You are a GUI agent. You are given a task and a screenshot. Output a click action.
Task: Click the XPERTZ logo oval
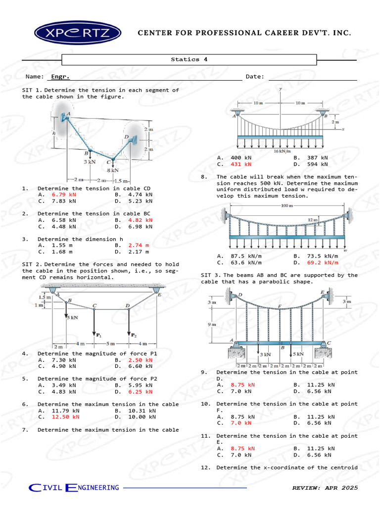tap(78, 33)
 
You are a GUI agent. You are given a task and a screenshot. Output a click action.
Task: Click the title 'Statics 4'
tap(189, 59)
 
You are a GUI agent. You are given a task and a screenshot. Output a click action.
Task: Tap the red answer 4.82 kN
tap(140, 220)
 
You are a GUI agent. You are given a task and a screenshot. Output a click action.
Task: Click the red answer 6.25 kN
tap(140, 392)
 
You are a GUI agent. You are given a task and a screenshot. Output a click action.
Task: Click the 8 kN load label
tap(113, 170)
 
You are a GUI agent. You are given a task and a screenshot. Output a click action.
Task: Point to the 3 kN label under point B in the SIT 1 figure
tap(90, 162)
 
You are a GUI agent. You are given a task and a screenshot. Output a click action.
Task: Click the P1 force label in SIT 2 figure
tap(97, 335)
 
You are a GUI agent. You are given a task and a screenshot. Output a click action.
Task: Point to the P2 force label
tap(133, 335)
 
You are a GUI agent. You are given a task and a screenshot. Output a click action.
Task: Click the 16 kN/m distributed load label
tap(282, 151)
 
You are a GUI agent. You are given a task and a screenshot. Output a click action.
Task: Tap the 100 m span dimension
tap(286, 205)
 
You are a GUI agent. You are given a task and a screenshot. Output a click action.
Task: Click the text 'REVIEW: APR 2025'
tap(324, 488)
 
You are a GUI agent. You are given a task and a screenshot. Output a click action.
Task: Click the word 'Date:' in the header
tap(255, 77)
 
